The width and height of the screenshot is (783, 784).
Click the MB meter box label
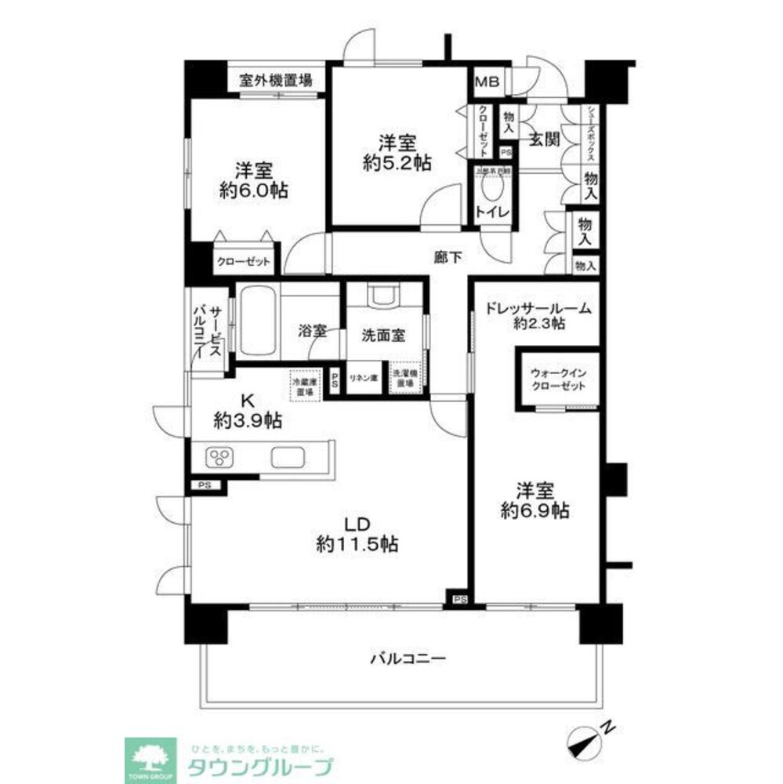click(x=490, y=82)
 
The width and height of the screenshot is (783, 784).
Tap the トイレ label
click(x=492, y=212)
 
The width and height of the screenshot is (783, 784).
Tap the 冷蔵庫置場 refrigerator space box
click(x=305, y=383)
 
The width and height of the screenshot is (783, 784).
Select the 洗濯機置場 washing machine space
click(x=404, y=378)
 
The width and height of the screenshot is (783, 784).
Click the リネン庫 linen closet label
click(x=364, y=378)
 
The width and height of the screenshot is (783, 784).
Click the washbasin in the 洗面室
click(x=383, y=296)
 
